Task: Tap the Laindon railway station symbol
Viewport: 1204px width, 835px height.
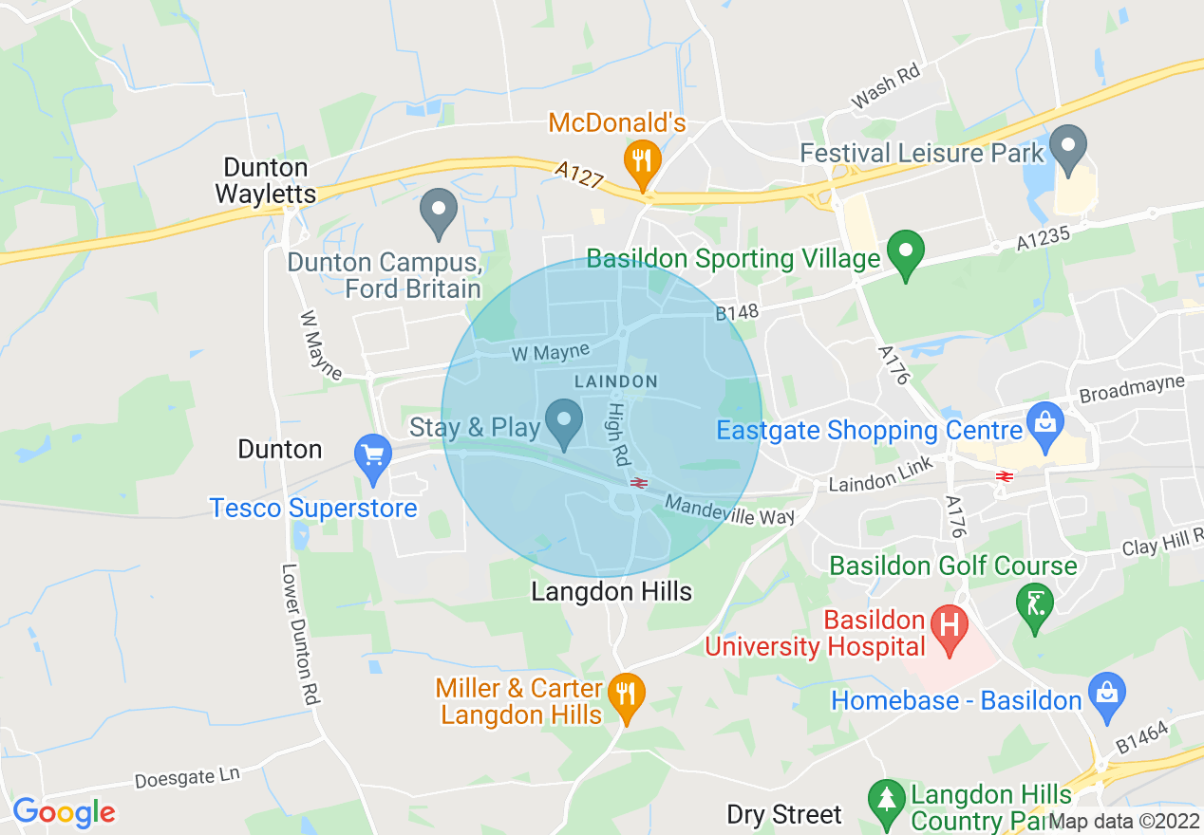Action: [638, 483]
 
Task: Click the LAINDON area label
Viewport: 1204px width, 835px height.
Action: [615, 381]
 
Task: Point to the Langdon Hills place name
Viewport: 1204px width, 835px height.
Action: [611, 592]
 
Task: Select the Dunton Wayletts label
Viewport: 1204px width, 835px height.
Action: [265, 180]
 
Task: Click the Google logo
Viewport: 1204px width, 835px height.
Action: [63, 812]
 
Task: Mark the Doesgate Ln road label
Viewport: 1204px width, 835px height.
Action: [187, 778]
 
